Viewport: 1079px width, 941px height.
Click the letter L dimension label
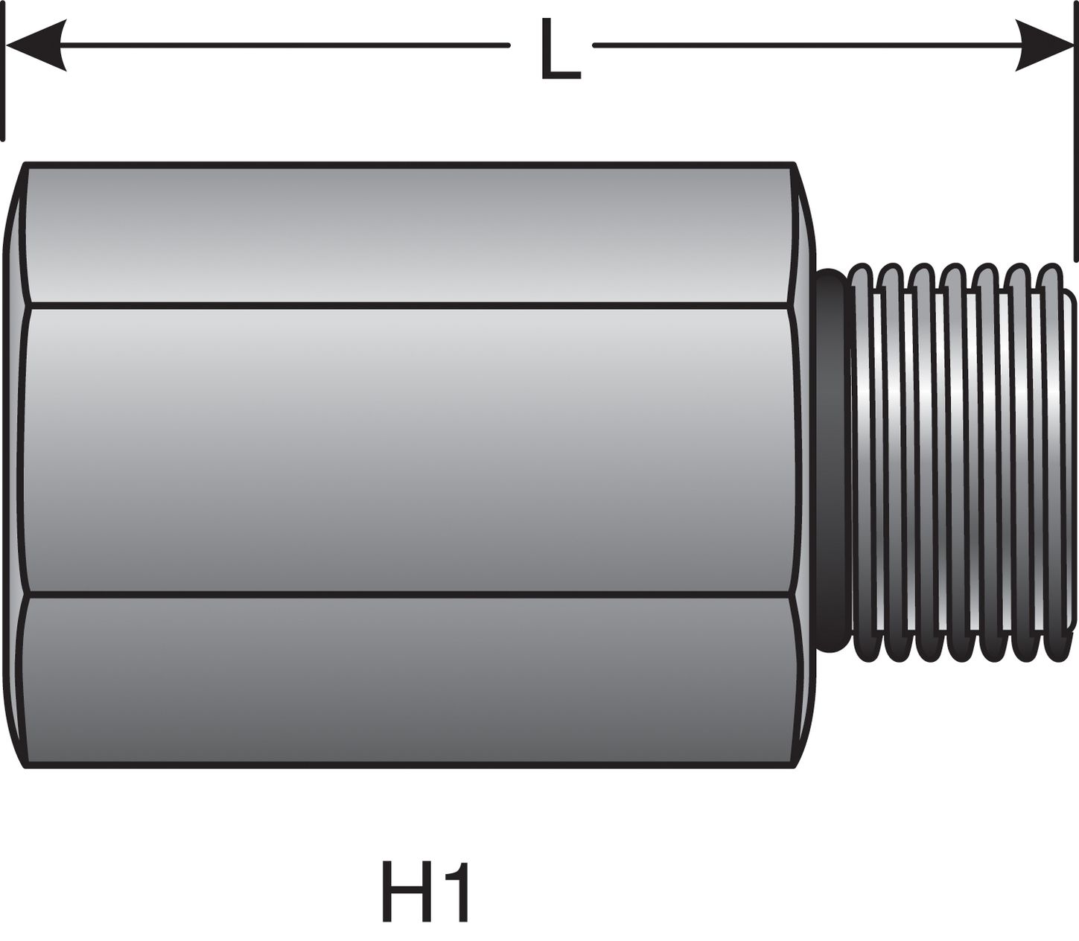pos(558,49)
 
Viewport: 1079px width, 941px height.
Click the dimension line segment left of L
pos(283,45)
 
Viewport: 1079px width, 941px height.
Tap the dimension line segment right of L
pos(804,45)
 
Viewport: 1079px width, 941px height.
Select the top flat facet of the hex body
pos(410,235)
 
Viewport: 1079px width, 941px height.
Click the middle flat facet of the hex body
pos(410,450)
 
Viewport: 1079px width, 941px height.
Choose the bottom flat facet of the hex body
pos(410,681)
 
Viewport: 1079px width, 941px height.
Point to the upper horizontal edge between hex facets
pos(410,305)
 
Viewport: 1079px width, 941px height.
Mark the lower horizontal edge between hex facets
pos(410,595)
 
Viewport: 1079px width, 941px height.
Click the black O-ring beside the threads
pos(831,462)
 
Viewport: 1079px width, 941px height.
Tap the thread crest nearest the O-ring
pos(862,462)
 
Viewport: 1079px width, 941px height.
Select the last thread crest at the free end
pos(1051,462)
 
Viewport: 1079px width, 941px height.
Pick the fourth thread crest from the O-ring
pos(957,462)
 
